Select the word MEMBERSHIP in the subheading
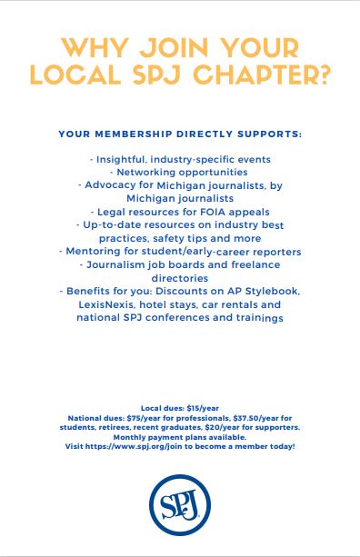127,134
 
